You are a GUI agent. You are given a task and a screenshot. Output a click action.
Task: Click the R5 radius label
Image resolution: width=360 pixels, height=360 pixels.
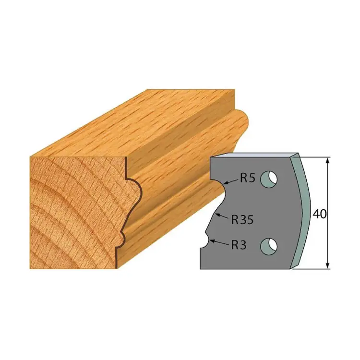click(248, 178)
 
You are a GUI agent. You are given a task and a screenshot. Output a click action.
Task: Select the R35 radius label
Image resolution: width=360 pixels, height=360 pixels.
click(242, 220)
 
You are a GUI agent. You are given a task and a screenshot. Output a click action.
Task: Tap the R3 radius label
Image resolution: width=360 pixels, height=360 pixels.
click(239, 245)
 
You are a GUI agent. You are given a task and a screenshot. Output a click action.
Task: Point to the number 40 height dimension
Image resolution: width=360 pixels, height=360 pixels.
click(320, 214)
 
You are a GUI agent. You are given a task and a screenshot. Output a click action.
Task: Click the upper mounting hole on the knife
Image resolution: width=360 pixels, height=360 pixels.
click(269, 179)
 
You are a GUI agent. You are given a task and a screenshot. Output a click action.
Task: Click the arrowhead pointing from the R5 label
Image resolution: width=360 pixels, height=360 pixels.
click(225, 183)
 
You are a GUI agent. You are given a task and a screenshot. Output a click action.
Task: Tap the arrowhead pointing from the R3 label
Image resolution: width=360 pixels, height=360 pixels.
click(212, 241)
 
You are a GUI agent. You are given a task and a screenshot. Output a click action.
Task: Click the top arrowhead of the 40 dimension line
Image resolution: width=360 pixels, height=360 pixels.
click(328, 160)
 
